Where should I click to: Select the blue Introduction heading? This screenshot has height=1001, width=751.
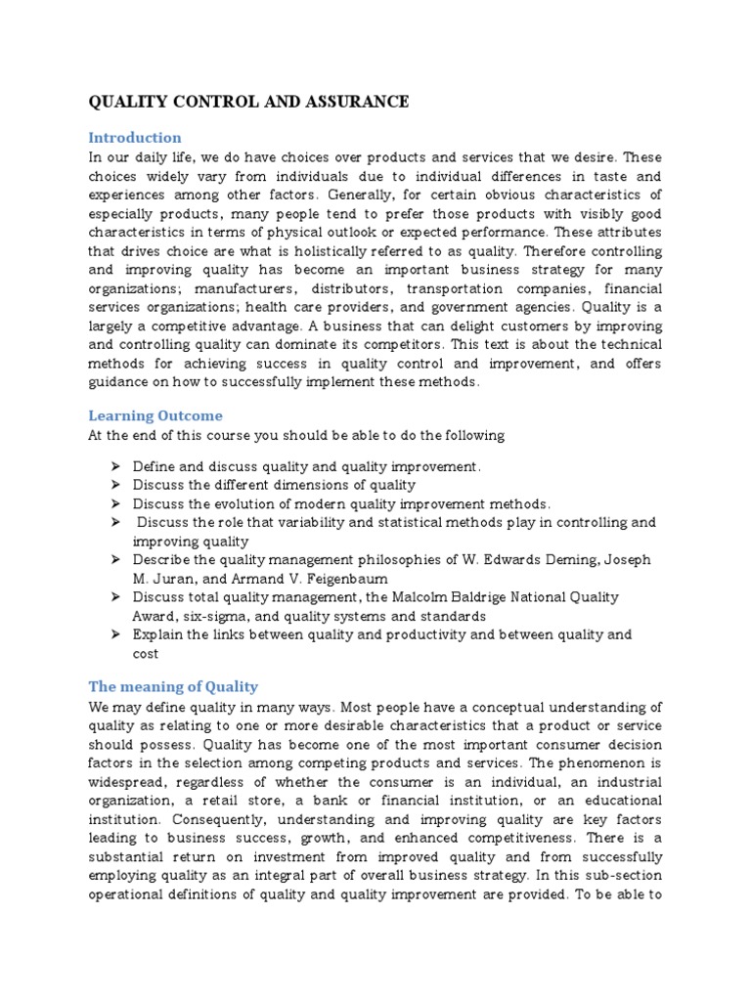click(135, 137)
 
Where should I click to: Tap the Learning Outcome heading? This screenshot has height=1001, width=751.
click(155, 415)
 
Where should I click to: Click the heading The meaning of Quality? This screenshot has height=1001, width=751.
click(173, 686)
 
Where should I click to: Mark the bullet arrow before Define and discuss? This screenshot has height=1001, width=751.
click(114, 466)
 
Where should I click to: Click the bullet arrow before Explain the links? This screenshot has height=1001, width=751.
click(114, 633)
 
